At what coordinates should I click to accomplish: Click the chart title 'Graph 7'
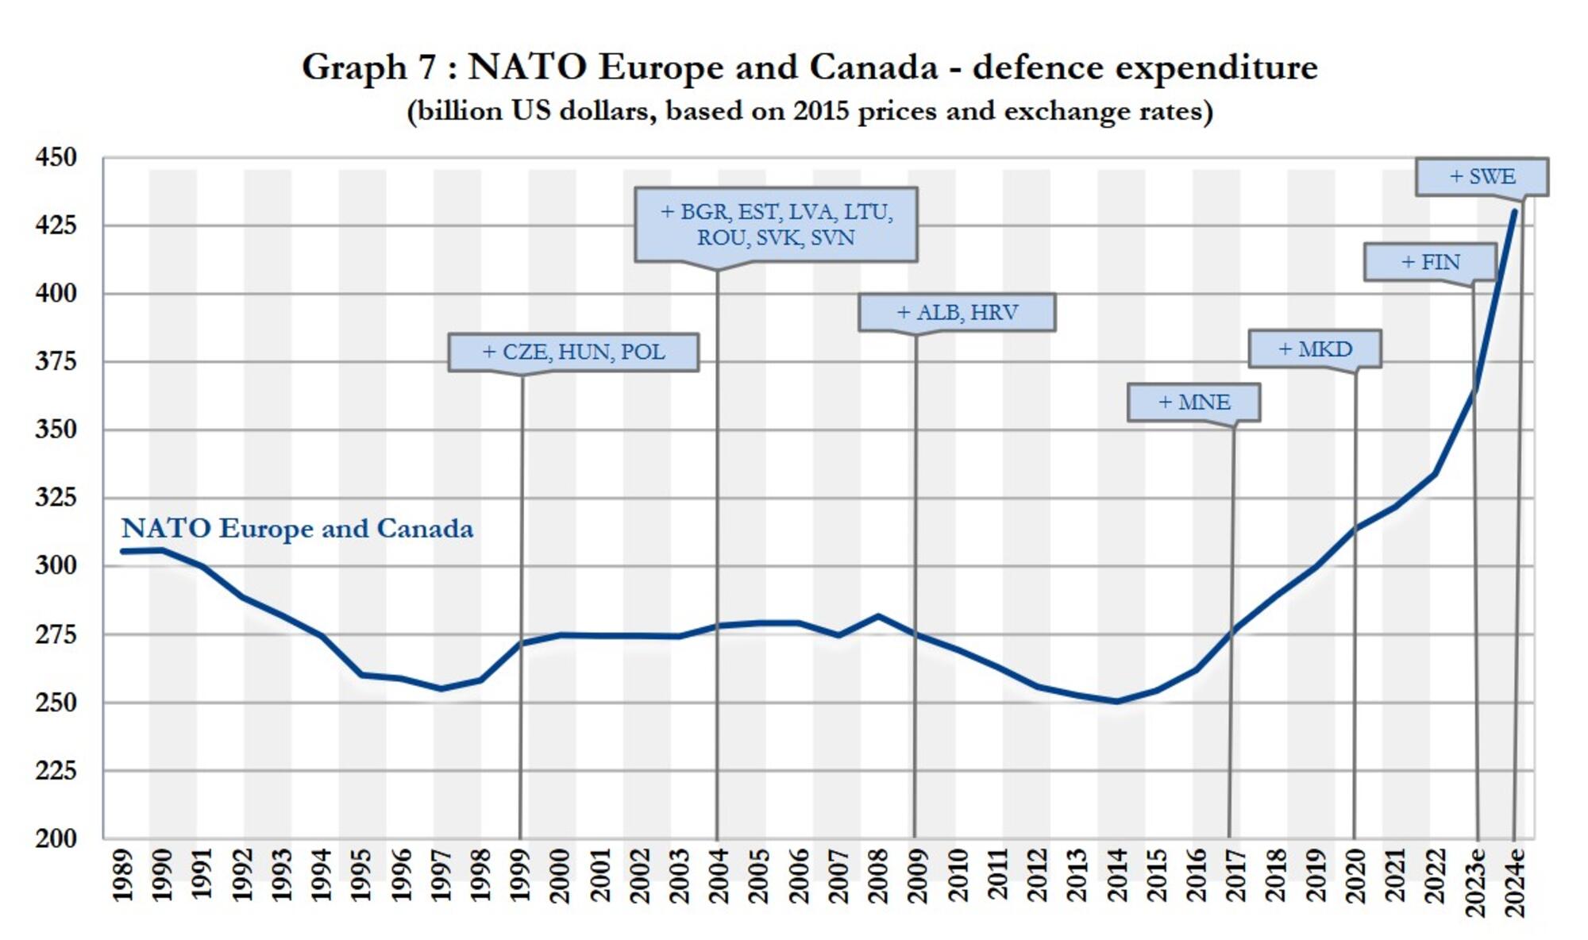pyautogui.click(x=809, y=67)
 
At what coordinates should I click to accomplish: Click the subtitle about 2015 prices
pyautogui.click(x=809, y=111)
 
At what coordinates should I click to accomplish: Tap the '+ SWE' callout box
pyautogui.click(x=1482, y=176)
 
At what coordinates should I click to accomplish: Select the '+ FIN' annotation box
pyautogui.click(x=1430, y=262)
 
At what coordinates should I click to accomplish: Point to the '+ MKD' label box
pyautogui.click(x=1315, y=349)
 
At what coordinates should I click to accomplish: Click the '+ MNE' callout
pyautogui.click(x=1193, y=403)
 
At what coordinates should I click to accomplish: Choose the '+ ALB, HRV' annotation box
pyautogui.click(x=957, y=312)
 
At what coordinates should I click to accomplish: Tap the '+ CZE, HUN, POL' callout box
pyautogui.click(x=573, y=352)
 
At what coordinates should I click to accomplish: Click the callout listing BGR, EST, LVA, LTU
pyautogui.click(x=776, y=225)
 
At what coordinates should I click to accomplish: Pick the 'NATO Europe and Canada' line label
pyautogui.click(x=297, y=529)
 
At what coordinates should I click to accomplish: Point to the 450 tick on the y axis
pyautogui.click(x=56, y=157)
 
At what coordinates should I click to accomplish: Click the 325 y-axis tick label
pyautogui.click(x=56, y=498)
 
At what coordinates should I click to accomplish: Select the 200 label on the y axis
pyautogui.click(x=56, y=838)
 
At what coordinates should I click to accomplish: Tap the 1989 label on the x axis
pyautogui.click(x=122, y=876)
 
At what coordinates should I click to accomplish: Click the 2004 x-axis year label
pyautogui.click(x=719, y=876)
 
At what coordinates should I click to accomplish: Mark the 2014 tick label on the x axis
pyautogui.click(x=1116, y=876)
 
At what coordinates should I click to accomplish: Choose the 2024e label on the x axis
pyautogui.click(x=1516, y=882)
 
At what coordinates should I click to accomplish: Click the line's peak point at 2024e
pyautogui.click(x=1514, y=211)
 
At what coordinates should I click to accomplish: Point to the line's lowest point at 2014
pyautogui.click(x=1116, y=701)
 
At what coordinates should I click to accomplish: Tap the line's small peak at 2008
pyautogui.click(x=878, y=615)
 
